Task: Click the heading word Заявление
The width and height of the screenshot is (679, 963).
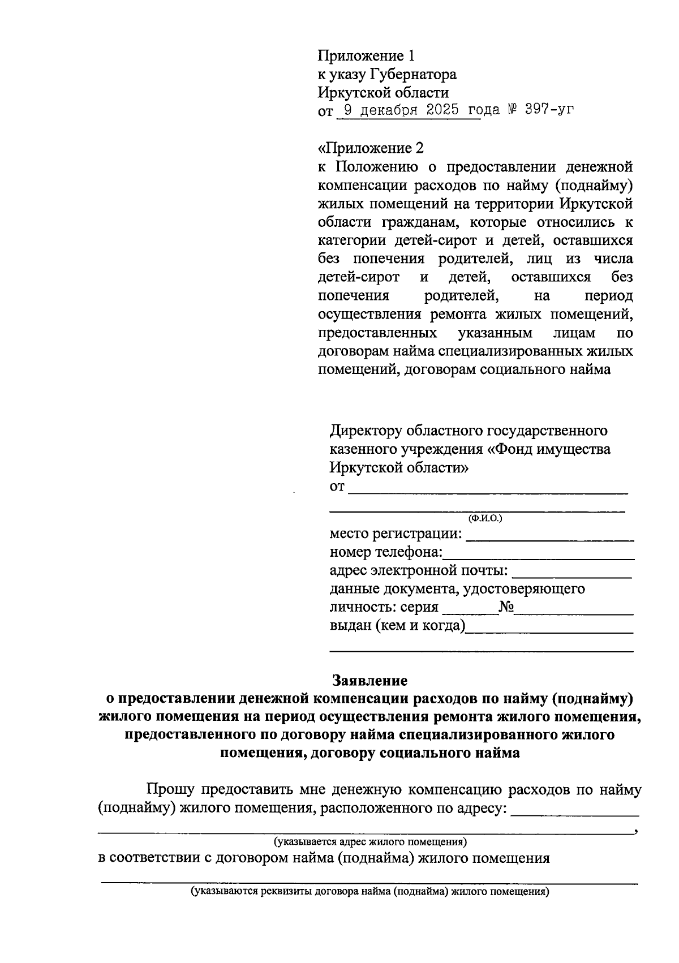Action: [x=369, y=680]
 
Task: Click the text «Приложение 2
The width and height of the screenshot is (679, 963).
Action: [x=371, y=148]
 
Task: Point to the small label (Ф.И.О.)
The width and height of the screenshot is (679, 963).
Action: [x=484, y=518]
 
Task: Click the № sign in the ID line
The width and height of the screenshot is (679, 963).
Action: [x=506, y=608]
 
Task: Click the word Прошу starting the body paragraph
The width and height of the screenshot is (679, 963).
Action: [x=171, y=789]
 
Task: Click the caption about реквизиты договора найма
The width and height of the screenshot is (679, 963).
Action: [x=369, y=892]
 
